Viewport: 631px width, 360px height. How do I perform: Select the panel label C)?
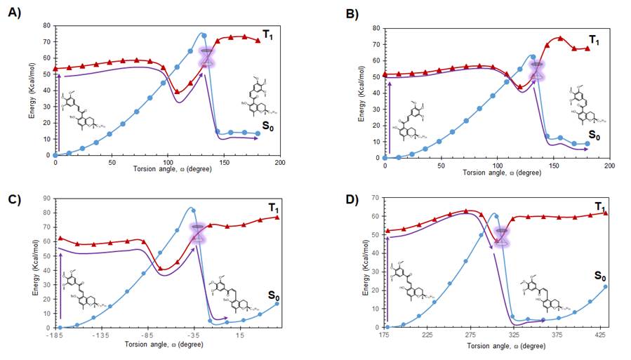click(14, 198)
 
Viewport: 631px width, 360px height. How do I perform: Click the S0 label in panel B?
click(595, 135)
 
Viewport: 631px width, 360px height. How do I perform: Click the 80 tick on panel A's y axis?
click(46, 26)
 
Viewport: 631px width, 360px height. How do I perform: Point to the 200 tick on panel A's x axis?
click(279, 163)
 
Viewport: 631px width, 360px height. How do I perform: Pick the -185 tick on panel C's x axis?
click(56, 335)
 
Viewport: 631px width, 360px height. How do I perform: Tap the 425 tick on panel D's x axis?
click(600, 335)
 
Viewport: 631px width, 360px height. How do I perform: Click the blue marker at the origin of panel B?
click(385, 157)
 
